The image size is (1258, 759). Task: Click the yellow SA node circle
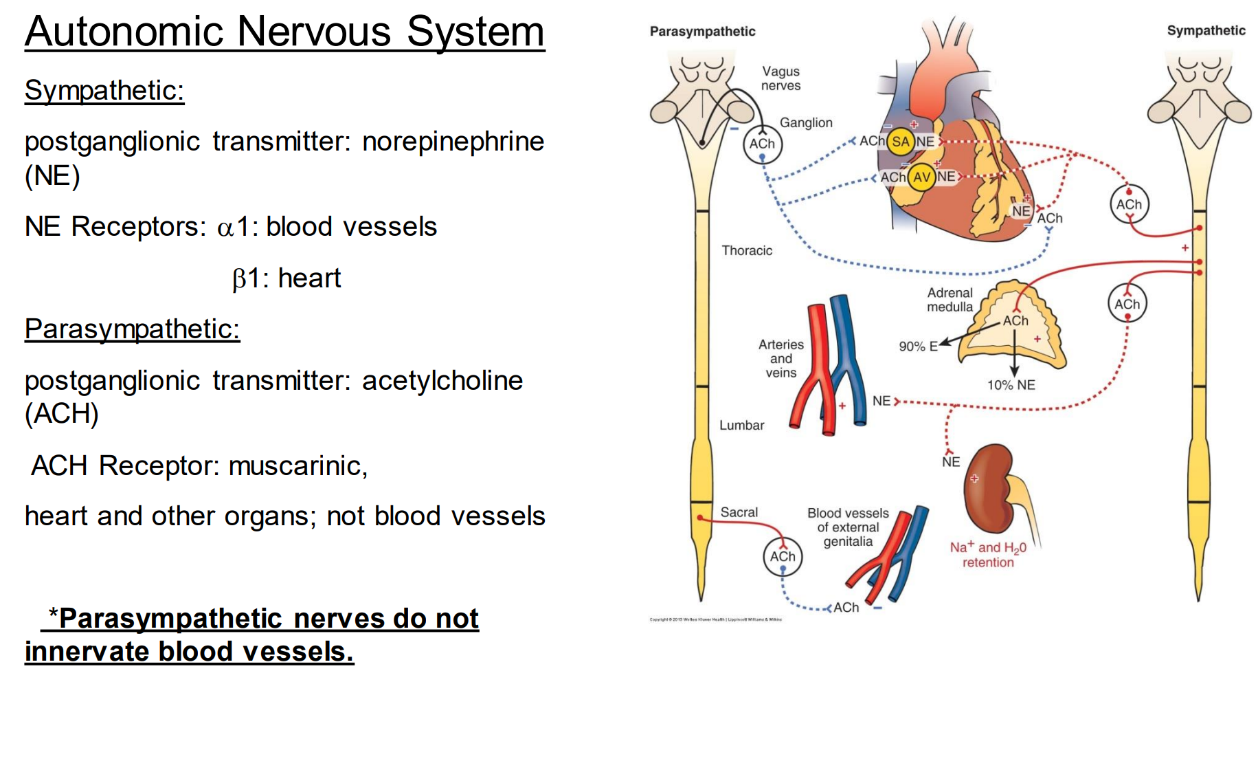tap(899, 142)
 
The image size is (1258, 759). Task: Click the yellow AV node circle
tap(921, 177)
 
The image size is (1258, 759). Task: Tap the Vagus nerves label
tap(781, 78)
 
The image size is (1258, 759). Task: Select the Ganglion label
tap(805, 122)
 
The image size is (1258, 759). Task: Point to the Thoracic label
tap(747, 250)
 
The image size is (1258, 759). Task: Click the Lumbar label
tap(741, 425)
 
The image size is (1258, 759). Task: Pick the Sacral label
tap(739, 512)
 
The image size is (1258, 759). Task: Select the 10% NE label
tap(1011, 385)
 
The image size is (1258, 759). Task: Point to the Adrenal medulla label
tap(950, 300)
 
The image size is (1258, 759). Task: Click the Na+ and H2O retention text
tap(988, 555)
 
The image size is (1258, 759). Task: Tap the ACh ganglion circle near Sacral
tap(783, 556)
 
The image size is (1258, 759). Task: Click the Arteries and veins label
tap(781, 358)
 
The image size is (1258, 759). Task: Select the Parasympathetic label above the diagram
tap(702, 31)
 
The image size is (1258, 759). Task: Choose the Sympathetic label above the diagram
tap(1206, 30)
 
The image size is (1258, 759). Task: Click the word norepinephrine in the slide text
tap(453, 142)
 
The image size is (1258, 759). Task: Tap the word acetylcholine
tap(442, 380)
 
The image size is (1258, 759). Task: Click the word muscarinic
tap(297, 465)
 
